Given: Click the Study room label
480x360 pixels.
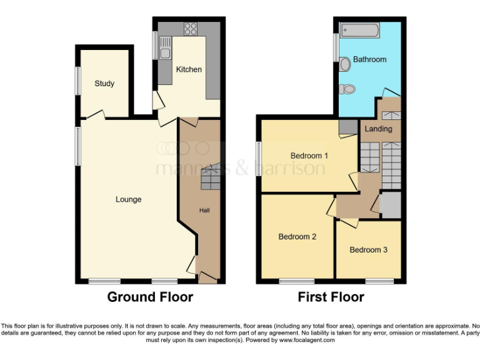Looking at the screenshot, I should click(104, 84).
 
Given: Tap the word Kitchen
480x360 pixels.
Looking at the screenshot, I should click(188, 69).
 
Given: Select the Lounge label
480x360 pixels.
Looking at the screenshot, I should click(128, 200).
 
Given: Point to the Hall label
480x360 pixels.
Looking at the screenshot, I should click(204, 211).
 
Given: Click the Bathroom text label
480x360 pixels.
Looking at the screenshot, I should click(369, 60).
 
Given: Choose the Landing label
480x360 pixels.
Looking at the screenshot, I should click(378, 129).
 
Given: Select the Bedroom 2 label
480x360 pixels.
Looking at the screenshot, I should click(297, 237).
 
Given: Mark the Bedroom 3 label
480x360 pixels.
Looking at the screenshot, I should click(368, 250).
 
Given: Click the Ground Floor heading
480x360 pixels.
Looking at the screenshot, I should click(150, 297).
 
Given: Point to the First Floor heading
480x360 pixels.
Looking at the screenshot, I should click(332, 297).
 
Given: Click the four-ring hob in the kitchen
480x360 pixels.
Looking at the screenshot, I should click(190, 29).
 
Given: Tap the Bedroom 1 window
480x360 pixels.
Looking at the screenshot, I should click(258, 155).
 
